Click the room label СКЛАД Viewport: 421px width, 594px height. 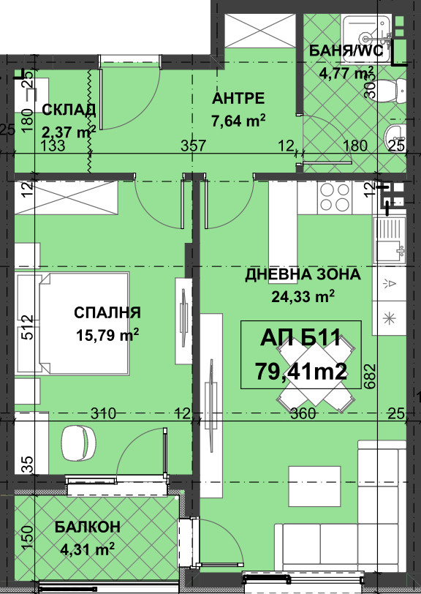pyautogui.click(x=69, y=110)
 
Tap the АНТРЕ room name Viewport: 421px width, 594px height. pyautogui.click(x=238, y=99)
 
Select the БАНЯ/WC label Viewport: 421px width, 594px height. pyautogui.click(x=346, y=50)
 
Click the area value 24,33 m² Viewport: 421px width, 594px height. pyautogui.click(x=303, y=296)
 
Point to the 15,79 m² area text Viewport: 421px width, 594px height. pyautogui.click(x=107, y=334)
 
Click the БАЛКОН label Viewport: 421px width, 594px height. pyautogui.click(x=88, y=527)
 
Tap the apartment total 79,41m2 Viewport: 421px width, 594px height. pyautogui.click(x=301, y=372)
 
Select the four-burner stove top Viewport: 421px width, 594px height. pyautogui.click(x=335, y=198)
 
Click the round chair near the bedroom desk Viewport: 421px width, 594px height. pyautogui.click(x=79, y=443)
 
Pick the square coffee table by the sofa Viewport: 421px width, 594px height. pyautogui.click(x=314, y=485)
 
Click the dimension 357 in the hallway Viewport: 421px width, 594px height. pyautogui.click(x=193, y=146)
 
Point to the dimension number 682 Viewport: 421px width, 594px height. pyautogui.click(x=371, y=376)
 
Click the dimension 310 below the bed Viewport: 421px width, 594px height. pyautogui.click(x=103, y=413)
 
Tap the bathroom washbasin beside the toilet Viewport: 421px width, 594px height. pyautogui.click(x=395, y=135)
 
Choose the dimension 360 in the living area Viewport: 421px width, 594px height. pyautogui.click(x=303, y=414)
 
